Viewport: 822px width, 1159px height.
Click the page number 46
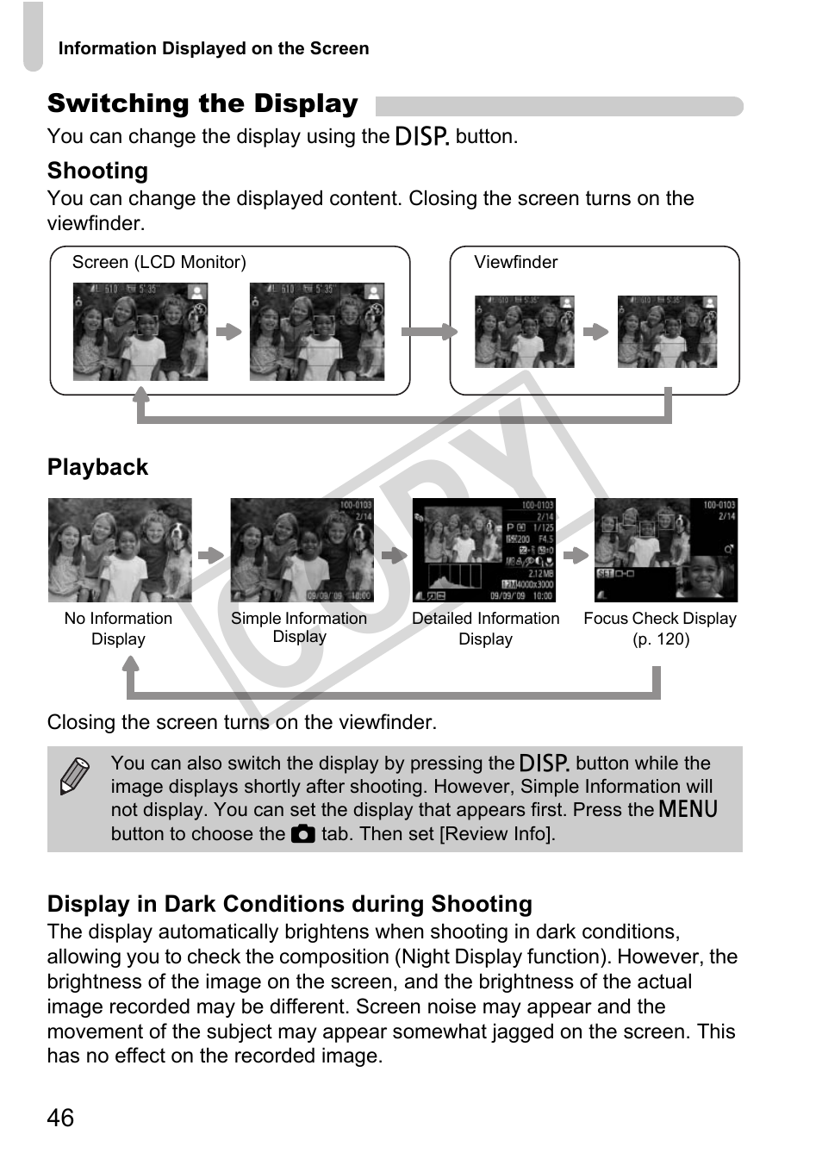(x=60, y=1118)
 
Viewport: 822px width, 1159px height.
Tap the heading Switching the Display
(x=202, y=104)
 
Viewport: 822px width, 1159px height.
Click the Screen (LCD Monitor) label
(x=159, y=262)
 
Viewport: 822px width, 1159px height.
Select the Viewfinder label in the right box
(x=515, y=262)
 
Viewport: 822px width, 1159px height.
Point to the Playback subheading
(x=97, y=467)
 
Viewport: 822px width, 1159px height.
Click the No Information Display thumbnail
(x=120, y=550)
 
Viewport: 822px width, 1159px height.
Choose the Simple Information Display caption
(x=299, y=627)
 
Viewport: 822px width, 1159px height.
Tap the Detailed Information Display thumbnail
(x=484, y=550)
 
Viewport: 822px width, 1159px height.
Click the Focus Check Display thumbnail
(x=665, y=550)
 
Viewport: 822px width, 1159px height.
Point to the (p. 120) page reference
(x=661, y=639)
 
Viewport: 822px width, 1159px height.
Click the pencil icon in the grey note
(x=74, y=776)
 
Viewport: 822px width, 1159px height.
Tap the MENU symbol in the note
(x=688, y=809)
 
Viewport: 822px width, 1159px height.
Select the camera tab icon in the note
(x=302, y=834)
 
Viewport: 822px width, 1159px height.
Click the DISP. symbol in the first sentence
(x=421, y=136)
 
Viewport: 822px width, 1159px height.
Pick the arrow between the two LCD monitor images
(x=228, y=332)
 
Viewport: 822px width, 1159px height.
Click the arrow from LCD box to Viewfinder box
(x=429, y=332)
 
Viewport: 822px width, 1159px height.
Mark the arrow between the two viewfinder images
(x=595, y=332)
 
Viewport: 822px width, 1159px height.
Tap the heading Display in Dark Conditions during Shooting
(x=290, y=904)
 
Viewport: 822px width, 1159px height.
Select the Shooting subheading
(x=97, y=171)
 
